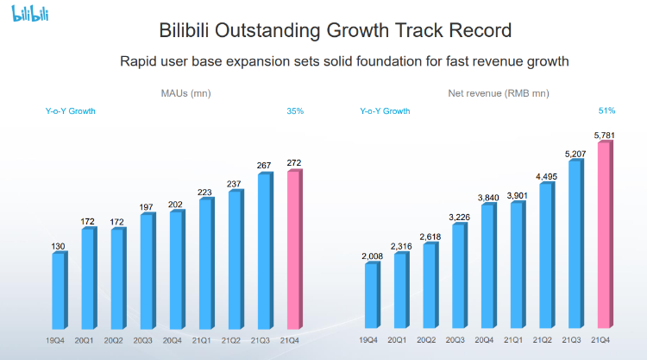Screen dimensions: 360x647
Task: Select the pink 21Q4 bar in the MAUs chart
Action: [293, 250]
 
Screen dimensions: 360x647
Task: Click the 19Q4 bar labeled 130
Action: [58, 290]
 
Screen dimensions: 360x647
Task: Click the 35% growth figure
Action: [294, 111]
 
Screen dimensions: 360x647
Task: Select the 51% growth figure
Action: [606, 111]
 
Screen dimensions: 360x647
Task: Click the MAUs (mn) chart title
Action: [185, 93]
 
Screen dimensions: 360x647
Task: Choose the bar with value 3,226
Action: [459, 276]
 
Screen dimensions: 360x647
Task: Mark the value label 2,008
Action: [371, 256]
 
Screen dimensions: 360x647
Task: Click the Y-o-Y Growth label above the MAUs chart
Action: [71, 111]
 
